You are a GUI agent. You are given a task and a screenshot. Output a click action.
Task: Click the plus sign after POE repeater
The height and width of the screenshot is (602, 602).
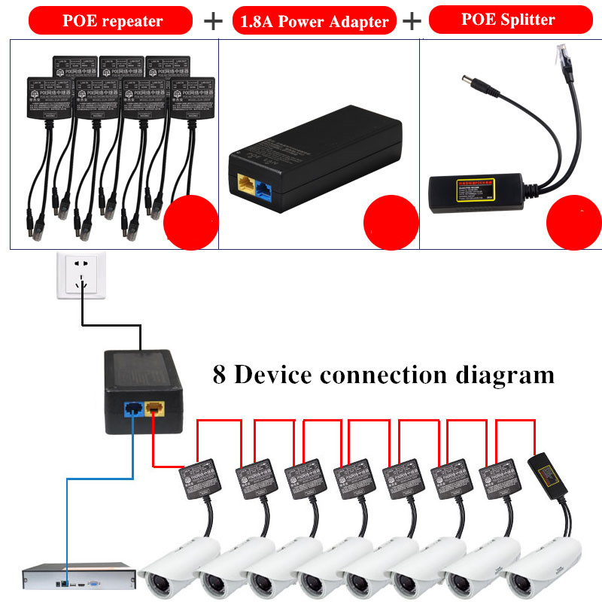[x=214, y=21]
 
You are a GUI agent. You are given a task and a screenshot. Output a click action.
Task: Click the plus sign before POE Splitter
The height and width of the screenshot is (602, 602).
[x=412, y=21]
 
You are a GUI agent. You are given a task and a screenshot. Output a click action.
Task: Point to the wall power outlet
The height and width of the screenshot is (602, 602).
[x=81, y=276]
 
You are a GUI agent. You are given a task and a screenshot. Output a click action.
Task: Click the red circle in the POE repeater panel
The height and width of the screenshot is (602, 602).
[x=191, y=222]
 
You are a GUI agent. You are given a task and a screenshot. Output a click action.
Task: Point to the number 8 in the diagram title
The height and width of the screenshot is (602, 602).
[x=219, y=374]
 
